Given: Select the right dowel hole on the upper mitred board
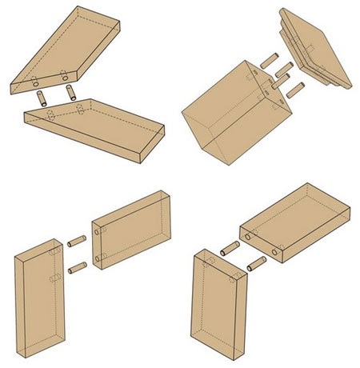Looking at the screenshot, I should tap(65, 77).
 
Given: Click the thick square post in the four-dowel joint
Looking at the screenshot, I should tap(220, 120).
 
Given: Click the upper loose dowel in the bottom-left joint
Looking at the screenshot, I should tap(77, 240).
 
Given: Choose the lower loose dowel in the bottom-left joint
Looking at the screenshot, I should tap(76, 266).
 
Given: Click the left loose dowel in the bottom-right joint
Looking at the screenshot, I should tap(228, 247).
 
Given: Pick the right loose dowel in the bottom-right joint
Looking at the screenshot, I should tap(255, 262).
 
